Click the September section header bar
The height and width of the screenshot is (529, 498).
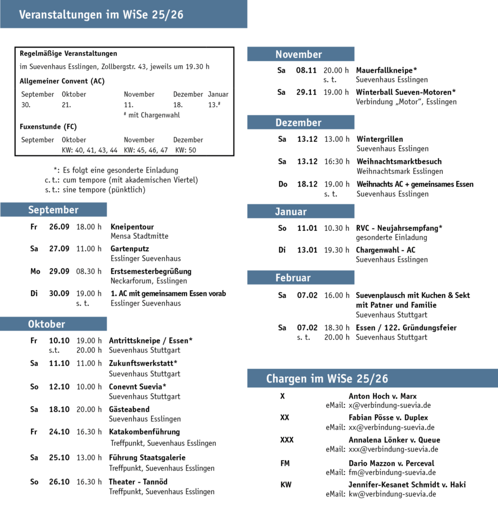point(53,210)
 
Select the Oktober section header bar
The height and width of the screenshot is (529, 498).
point(53,324)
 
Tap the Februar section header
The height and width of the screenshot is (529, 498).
point(300,278)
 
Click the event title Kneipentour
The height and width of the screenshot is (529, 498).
point(132,227)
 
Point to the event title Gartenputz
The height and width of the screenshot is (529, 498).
point(130,249)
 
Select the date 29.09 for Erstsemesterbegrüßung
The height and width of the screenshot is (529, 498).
point(59,271)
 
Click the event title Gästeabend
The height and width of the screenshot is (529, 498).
point(129,409)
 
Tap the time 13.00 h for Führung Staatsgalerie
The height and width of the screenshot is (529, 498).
point(89,457)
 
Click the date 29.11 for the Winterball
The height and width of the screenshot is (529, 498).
point(306,92)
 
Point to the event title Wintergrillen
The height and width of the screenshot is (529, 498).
point(380,139)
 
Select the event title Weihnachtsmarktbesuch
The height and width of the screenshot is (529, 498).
point(399,161)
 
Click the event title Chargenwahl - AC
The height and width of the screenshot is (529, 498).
point(385,250)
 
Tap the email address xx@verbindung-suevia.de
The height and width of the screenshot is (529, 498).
point(392,427)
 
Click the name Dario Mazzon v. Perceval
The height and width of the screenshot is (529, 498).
point(392,463)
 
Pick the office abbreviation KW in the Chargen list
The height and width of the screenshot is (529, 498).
point(286,485)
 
